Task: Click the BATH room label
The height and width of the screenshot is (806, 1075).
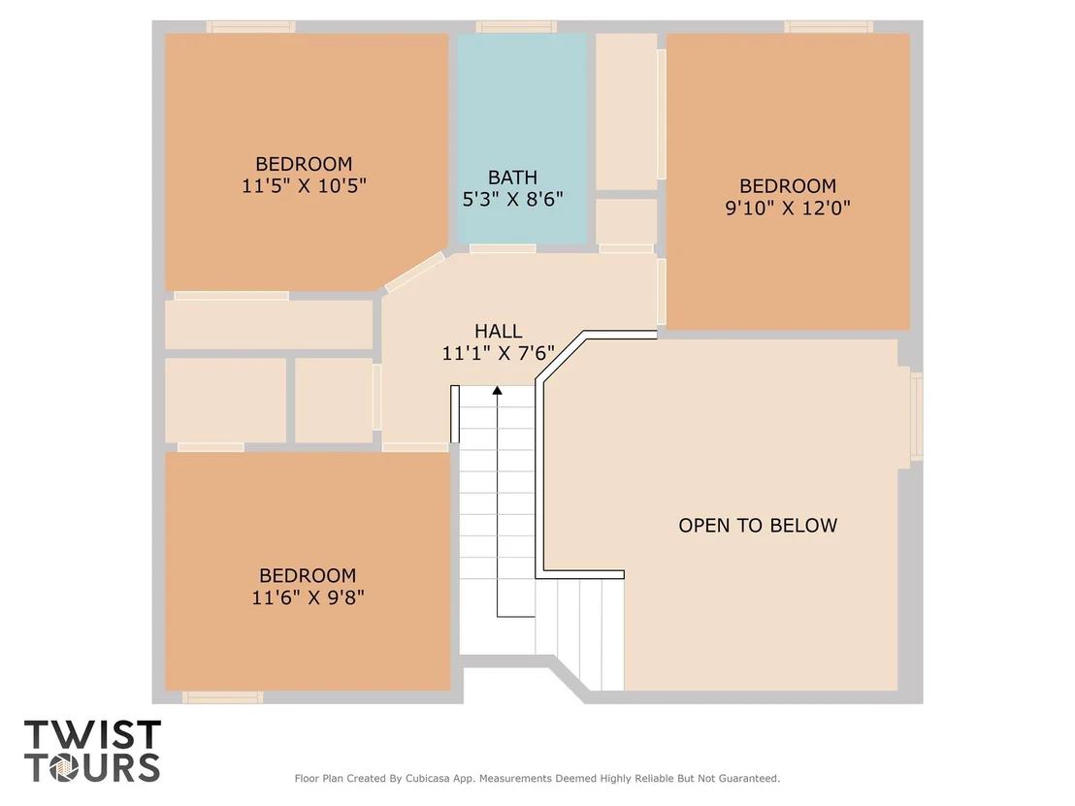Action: (x=512, y=177)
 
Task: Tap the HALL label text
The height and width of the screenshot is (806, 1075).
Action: (x=499, y=331)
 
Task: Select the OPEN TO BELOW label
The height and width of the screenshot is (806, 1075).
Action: (x=758, y=526)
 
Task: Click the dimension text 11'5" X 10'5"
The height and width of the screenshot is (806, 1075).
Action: (x=304, y=185)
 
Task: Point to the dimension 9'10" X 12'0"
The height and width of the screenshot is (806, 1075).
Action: (x=788, y=208)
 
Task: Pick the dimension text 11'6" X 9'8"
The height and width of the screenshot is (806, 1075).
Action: (x=308, y=597)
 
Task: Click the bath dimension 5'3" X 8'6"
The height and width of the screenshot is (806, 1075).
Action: (x=513, y=200)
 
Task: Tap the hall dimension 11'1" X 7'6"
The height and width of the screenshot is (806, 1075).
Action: (x=499, y=353)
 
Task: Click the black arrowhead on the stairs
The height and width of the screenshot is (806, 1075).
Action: (x=497, y=390)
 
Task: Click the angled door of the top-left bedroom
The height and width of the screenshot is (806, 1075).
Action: (x=415, y=272)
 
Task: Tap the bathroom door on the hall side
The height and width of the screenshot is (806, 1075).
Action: (x=503, y=249)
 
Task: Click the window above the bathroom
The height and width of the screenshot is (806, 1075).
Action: (x=516, y=27)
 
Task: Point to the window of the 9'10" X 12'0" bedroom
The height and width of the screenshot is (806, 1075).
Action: (x=829, y=27)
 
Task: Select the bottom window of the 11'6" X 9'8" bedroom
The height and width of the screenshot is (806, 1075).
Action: (x=223, y=697)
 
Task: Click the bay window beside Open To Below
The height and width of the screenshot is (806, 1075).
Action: (x=917, y=415)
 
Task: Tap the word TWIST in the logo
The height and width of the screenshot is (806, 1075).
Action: (x=92, y=735)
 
